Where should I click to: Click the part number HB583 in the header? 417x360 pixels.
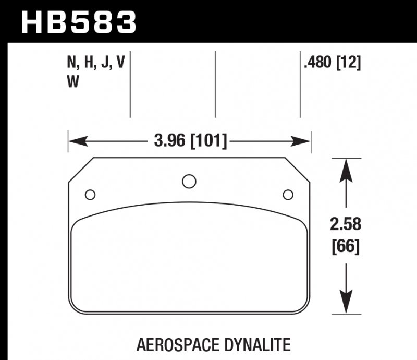pyautogui.click(x=78, y=22)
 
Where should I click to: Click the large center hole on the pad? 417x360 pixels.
pyautogui.click(x=189, y=181)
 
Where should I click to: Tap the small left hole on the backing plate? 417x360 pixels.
pyautogui.click(x=90, y=195)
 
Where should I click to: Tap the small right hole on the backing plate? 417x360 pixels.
pyautogui.click(x=287, y=195)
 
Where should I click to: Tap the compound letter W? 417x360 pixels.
pyautogui.click(x=72, y=82)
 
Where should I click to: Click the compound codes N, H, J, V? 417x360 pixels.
pyautogui.click(x=96, y=63)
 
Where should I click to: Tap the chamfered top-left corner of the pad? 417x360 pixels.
pyautogui.click(x=81, y=170)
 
